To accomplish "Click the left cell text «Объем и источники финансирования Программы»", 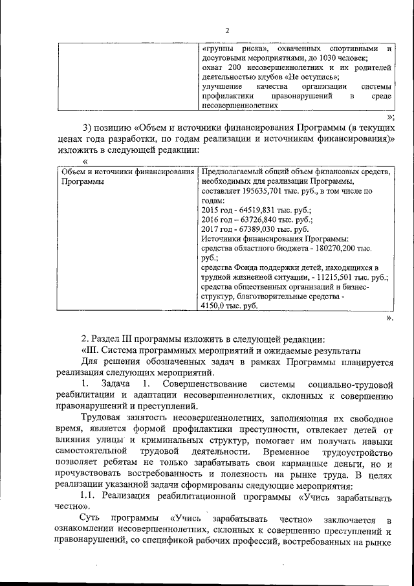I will [127, 177].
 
